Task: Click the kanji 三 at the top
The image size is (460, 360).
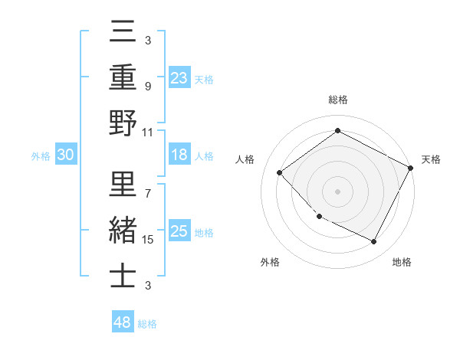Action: point(123,33)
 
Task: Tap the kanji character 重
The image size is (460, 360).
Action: point(123,78)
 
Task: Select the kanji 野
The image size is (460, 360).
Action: point(123,124)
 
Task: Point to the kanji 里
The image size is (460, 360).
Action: point(123,184)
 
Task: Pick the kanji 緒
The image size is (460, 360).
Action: point(123,231)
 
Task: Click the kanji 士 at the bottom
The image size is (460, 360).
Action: point(123,275)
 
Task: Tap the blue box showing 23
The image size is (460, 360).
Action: point(179,77)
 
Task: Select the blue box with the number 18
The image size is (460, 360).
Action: point(179,155)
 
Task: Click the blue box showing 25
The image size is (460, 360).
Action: point(179,231)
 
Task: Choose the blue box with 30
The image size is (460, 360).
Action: point(65,155)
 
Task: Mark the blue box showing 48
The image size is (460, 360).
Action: point(122,322)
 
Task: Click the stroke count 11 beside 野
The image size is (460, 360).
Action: point(147,133)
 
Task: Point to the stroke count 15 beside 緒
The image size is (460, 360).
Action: point(148,240)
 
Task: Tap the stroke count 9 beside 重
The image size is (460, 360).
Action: point(147,87)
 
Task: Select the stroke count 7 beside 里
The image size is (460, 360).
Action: point(147,192)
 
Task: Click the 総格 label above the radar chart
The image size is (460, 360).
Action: point(338,100)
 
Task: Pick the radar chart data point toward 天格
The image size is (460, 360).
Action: point(411,168)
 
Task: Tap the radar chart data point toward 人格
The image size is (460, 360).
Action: point(280,172)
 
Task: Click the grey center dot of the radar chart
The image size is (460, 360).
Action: point(338,191)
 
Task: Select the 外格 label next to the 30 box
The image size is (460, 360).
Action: point(41,156)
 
